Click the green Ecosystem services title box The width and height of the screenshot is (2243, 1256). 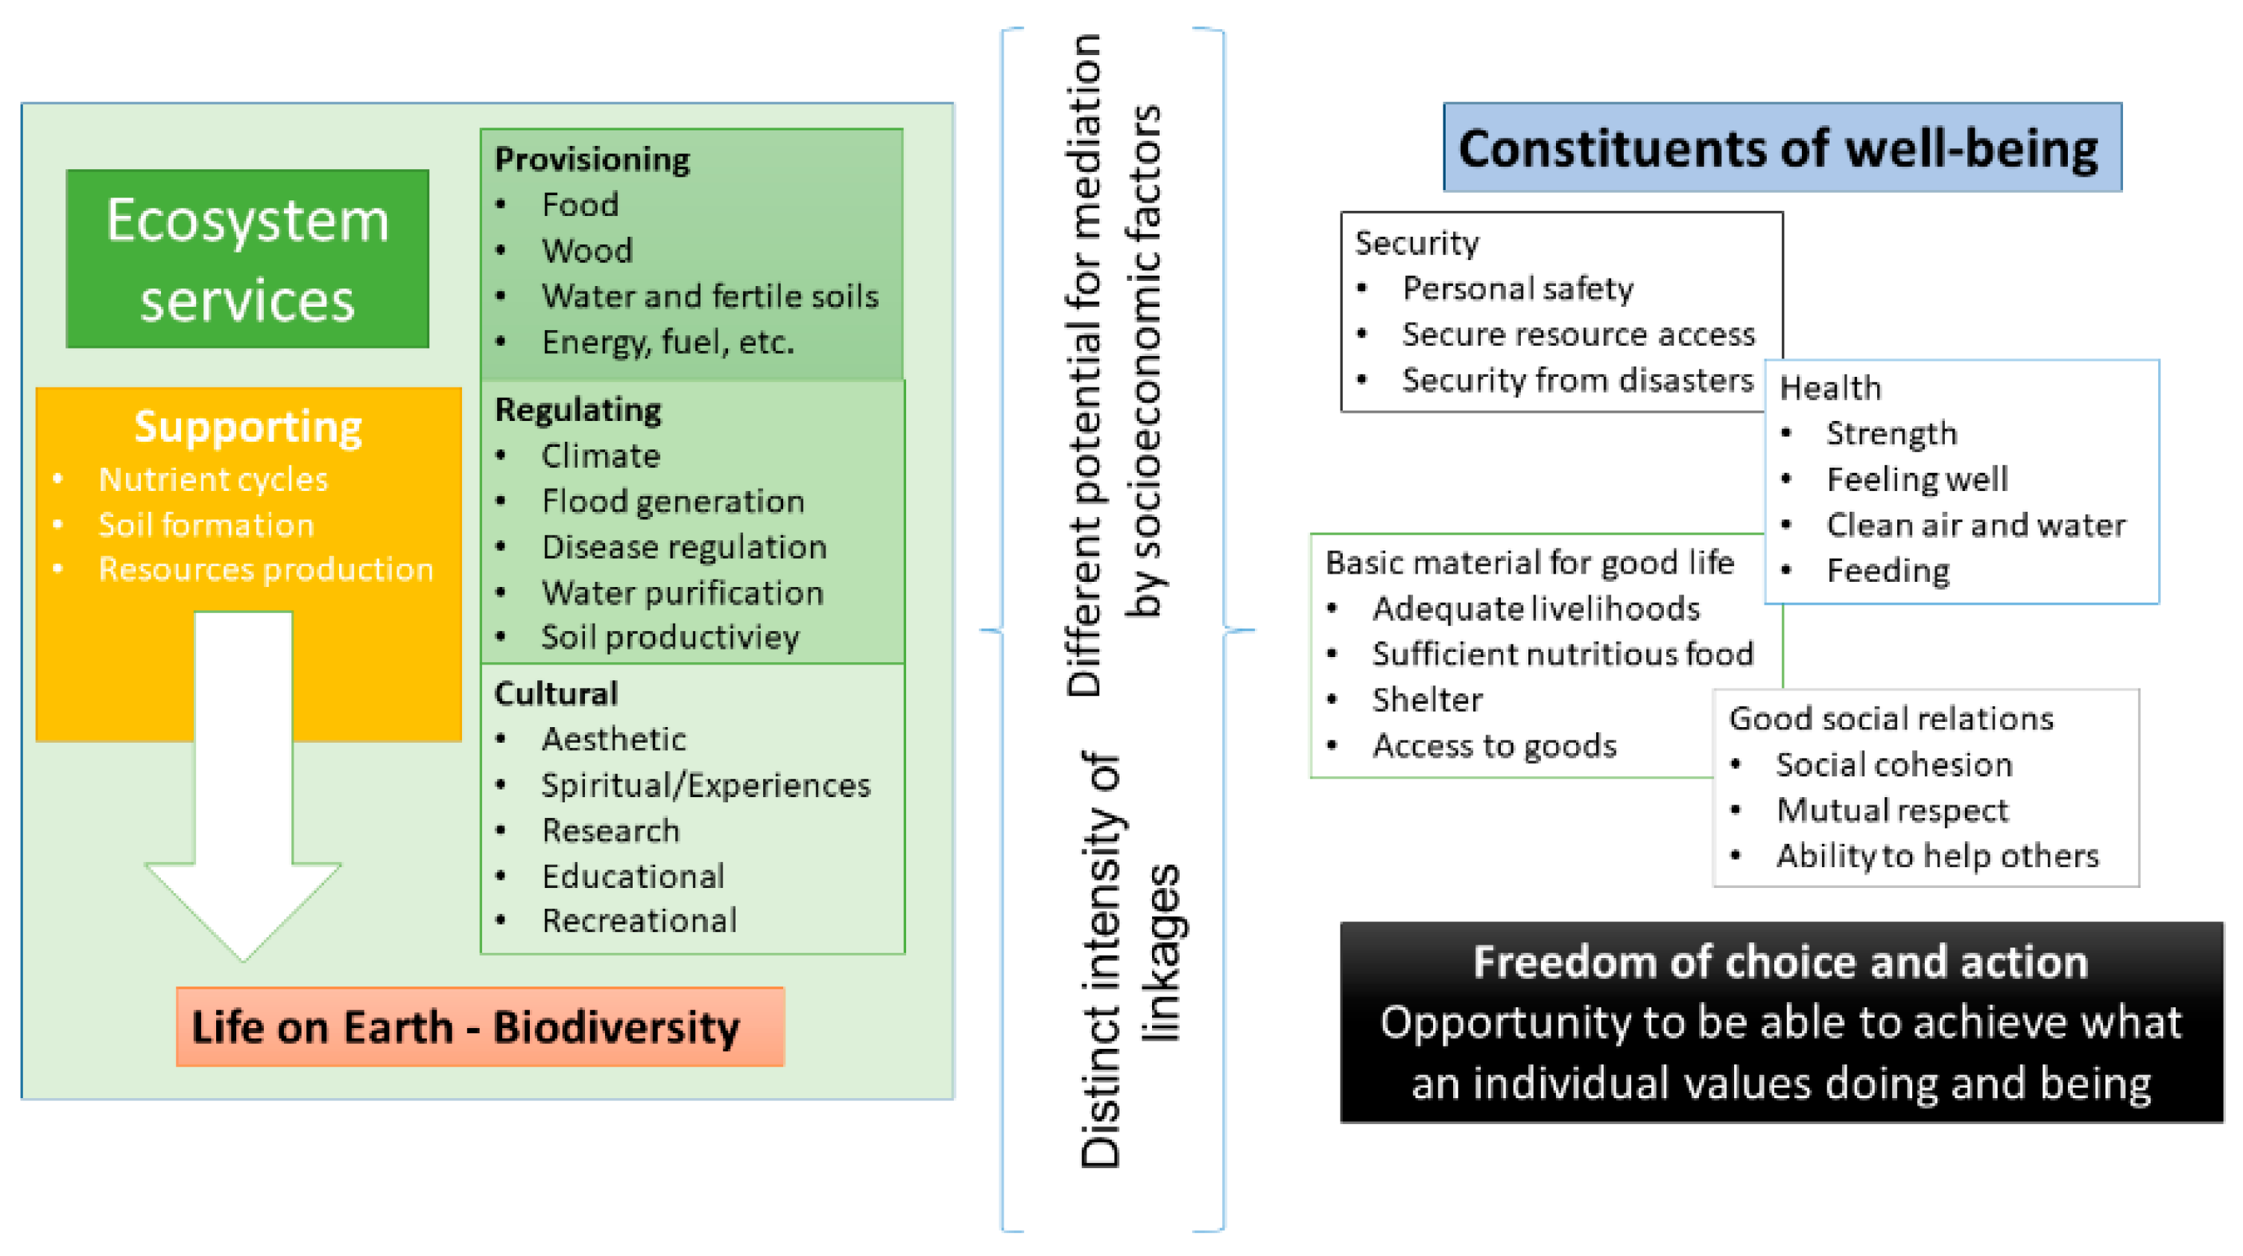pyautogui.click(x=247, y=259)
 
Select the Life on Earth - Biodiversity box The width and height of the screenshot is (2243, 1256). pyautogui.click(x=480, y=1027)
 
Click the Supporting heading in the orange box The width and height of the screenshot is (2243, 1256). pyautogui.click(x=248, y=427)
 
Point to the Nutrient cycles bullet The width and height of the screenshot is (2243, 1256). pyautogui.click(x=213, y=480)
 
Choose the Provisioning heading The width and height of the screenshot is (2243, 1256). pyautogui.click(x=592, y=159)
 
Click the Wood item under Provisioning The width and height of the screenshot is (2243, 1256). pyautogui.click(x=587, y=250)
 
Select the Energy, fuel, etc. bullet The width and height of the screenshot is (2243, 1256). pyautogui.click(x=667, y=342)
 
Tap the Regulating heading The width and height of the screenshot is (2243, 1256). pyautogui.click(x=578, y=410)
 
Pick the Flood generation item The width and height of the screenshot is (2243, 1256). pyautogui.click(x=672, y=501)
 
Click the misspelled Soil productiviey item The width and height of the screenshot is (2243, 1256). pyautogui.click(x=670, y=637)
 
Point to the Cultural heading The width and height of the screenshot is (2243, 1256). pyautogui.click(x=555, y=694)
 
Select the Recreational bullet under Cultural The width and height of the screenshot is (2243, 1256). pyautogui.click(x=639, y=920)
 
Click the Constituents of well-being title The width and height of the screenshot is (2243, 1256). pyautogui.click(x=1782, y=148)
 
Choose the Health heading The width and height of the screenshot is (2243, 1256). pyautogui.click(x=1830, y=387)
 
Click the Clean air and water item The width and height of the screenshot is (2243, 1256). pyautogui.click(x=1975, y=525)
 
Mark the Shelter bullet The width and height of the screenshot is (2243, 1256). pyautogui.click(x=1427, y=700)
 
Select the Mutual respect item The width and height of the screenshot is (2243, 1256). pyautogui.click(x=1892, y=811)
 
